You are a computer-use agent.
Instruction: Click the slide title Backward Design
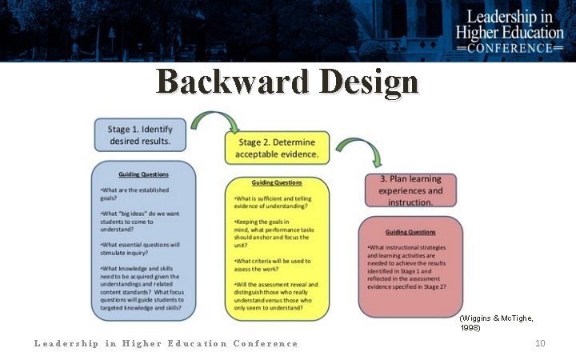click(x=287, y=82)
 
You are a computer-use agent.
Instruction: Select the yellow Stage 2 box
click(x=276, y=147)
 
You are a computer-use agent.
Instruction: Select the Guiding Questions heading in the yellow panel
click(x=276, y=182)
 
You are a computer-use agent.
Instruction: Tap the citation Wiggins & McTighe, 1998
click(x=496, y=322)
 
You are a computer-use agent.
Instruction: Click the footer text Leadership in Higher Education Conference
click(x=166, y=343)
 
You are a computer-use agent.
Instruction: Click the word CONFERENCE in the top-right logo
click(x=510, y=47)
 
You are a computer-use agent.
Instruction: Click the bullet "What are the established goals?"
click(x=136, y=194)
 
